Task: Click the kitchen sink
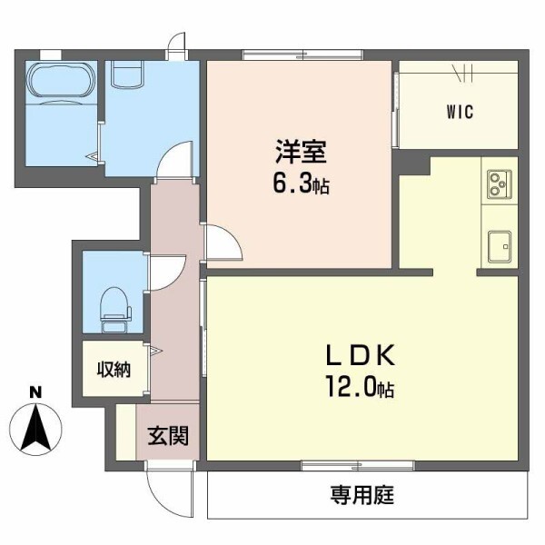499,243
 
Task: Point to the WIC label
459,113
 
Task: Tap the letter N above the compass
36,392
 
